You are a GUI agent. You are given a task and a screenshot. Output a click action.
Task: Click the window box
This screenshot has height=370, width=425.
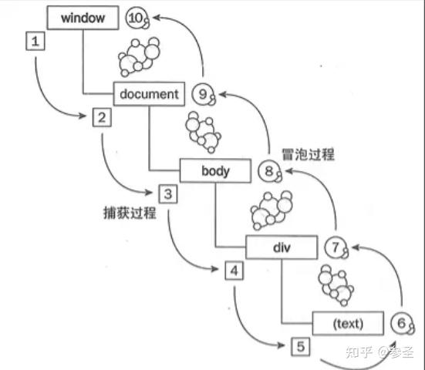(x=83, y=17)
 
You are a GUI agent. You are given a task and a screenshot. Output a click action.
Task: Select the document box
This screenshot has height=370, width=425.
(x=150, y=94)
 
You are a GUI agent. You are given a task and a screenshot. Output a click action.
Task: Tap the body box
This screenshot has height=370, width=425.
(x=215, y=170)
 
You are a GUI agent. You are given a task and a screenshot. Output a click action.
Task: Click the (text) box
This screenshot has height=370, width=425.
(x=347, y=322)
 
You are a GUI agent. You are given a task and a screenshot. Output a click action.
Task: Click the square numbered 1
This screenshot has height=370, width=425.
(x=35, y=41)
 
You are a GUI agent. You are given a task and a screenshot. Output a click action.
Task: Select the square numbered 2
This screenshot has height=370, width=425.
(x=101, y=117)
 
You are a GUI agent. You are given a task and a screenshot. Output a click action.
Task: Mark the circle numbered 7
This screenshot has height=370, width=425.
(x=333, y=247)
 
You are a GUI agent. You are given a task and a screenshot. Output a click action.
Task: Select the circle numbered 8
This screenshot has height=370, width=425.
(x=268, y=171)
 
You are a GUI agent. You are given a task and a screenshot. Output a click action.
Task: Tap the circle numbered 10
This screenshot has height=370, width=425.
(x=136, y=18)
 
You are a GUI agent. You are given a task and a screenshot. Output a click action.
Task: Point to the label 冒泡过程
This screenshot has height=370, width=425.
(x=308, y=154)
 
